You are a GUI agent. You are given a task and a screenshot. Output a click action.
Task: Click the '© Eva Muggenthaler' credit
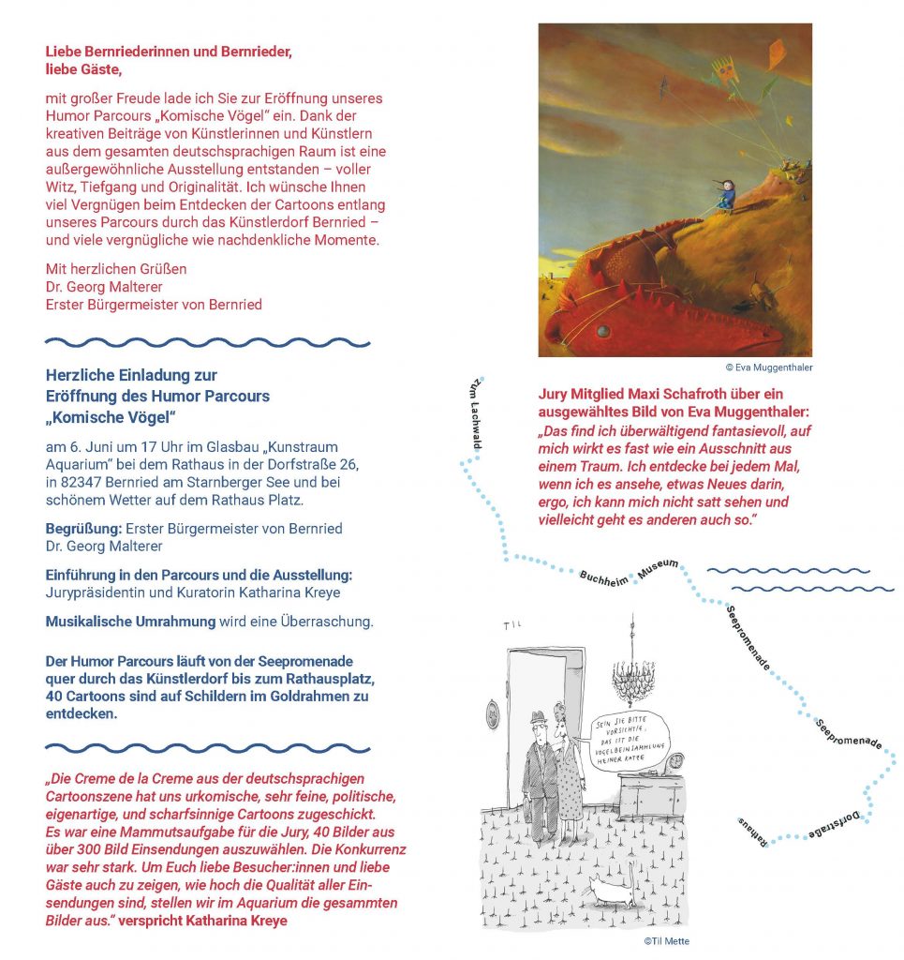pyautogui.click(x=768, y=367)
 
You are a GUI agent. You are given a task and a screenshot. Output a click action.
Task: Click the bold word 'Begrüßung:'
pyautogui.click(x=83, y=528)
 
